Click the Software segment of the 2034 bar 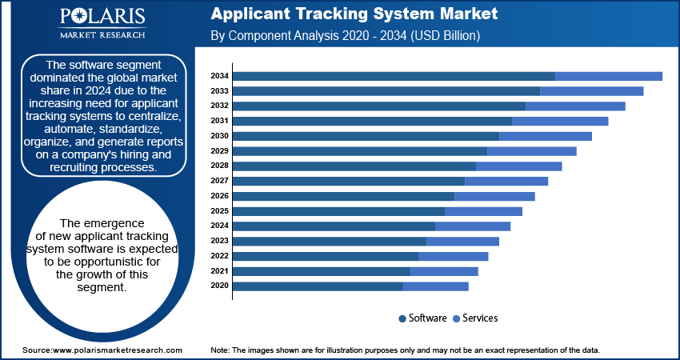[x=394, y=76]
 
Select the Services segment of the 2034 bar [x=609, y=76]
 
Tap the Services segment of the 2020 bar [x=436, y=286]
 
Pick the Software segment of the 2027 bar [x=349, y=181]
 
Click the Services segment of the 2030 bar [x=546, y=136]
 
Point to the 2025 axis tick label [x=219, y=211]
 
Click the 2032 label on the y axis [x=219, y=106]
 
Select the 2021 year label [x=219, y=271]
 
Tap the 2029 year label [x=219, y=151]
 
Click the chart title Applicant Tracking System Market [x=354, y=14]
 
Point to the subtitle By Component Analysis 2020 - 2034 [x=344, y=36]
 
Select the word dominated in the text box [x=64, y=78]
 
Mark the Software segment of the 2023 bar [x=330, y=241]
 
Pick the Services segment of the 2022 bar [x=453, y=256]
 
